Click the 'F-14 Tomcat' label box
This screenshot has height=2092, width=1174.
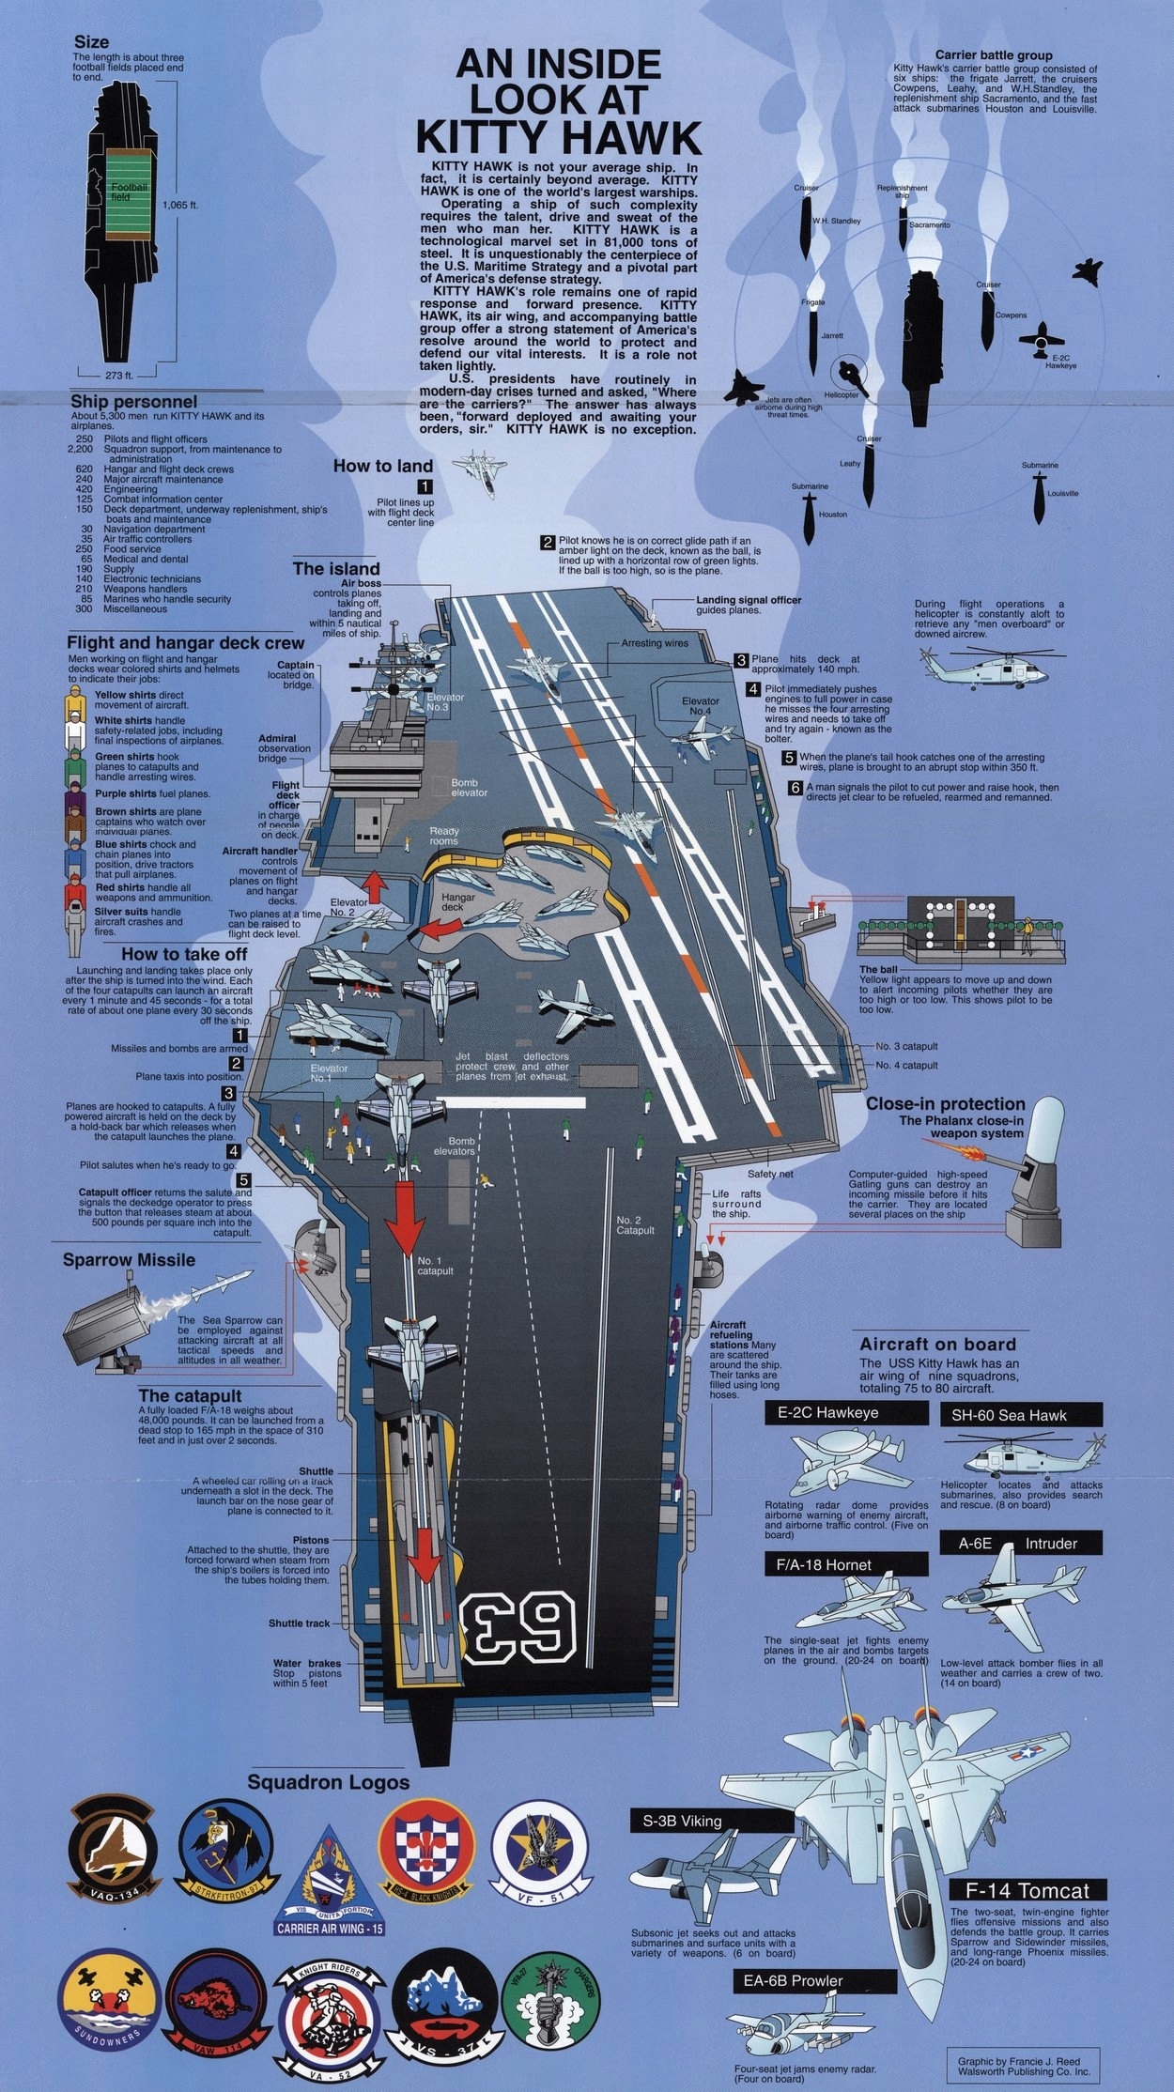click(1027, 1888)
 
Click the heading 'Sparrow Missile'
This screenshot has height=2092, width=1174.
click(129, 1260)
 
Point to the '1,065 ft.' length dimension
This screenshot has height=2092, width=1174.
click(184, 204)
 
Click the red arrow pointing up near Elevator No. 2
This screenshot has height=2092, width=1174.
click(377, 887)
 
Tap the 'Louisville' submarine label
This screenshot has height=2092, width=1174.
click(1062, 493)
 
